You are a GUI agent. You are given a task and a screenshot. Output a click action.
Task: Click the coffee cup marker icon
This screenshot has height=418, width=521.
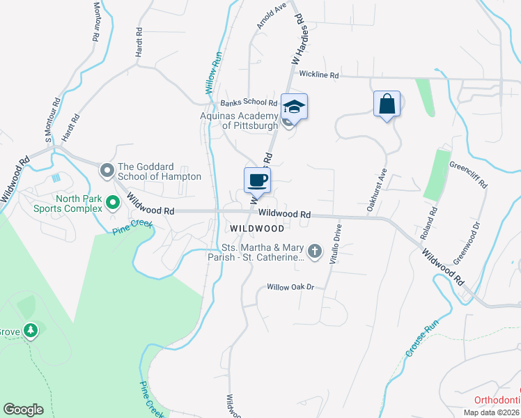click(257, 180)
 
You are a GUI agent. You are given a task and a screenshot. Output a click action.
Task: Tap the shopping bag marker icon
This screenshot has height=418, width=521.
click(387, 104)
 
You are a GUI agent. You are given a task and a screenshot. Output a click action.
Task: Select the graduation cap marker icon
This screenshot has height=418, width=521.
click(295, 107)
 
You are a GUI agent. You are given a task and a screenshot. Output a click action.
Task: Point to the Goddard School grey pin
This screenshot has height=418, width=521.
click(107, 169)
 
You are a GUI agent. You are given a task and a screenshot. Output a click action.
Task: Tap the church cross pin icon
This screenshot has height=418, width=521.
click(315, 251)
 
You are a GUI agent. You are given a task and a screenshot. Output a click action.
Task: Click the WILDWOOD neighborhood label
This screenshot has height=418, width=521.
click(257, 229)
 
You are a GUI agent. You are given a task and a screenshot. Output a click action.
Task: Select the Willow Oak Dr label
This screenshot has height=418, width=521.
click(292, 287)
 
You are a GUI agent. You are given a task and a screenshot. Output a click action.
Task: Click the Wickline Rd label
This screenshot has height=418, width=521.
click(319, 75)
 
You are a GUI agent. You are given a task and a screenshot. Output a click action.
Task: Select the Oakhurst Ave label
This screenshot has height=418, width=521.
click(376, 189)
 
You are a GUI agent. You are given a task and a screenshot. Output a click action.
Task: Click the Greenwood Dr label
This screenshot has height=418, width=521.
click(467, 243)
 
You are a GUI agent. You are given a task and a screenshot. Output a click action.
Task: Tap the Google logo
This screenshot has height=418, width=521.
click(23, 410)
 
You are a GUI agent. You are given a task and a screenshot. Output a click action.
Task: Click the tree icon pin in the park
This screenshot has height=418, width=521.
click(30, 330)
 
